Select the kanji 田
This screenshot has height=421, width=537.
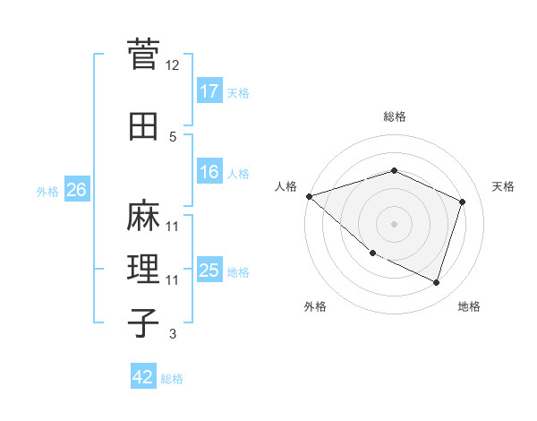click(143, 126)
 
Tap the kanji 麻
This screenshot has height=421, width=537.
click(143, 216)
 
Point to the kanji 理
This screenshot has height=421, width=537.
click(143, 269)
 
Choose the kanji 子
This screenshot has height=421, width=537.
click(143, 322)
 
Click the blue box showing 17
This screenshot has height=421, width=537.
click(209, 91)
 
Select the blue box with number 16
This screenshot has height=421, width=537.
click(209, 173)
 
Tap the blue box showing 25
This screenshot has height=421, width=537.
click(209, 271)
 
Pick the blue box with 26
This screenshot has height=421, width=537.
click(76, 190)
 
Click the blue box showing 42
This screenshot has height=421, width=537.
click(143, 377)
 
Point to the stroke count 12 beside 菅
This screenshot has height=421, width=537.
click(173, 65)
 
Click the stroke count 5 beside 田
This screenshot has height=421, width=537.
click(173, 137)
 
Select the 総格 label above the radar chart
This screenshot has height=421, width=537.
click(394, 116)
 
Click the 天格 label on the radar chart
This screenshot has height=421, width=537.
click(503, 186)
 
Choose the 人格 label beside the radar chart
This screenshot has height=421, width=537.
click(286, 186)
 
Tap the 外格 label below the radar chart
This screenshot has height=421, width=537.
click(315, 306)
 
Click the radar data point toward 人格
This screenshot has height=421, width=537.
click(309, 196)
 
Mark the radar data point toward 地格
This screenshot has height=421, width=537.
click(437, 283)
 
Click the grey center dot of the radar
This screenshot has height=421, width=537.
click(394, 223)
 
